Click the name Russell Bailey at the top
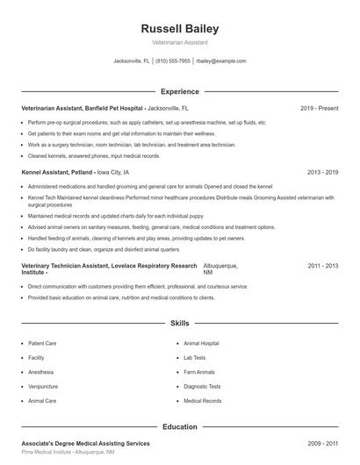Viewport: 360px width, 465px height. [179, 29]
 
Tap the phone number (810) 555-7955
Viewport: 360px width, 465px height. [173, 61]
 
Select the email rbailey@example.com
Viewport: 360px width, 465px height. [221, 61]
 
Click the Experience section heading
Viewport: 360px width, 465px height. [179, 91]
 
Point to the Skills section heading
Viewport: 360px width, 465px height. [179, 324]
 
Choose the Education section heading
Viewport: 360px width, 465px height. [179, 426]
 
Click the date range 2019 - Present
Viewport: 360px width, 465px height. [319, 108]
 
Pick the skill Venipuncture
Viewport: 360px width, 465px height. [44, 386]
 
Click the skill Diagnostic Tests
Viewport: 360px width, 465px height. [202, 386]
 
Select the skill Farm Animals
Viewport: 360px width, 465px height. [199, 372]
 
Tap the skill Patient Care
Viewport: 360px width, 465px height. [43, 343]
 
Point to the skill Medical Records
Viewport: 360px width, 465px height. [202, 400]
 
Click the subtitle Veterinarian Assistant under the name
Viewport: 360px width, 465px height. [179, 42]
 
